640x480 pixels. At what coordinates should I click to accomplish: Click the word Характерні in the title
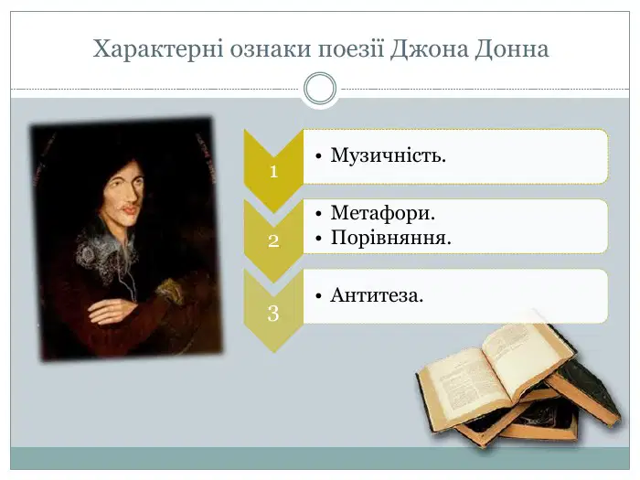158,49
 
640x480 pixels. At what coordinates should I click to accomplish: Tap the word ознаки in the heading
271,49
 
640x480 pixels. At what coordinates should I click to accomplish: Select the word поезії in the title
351,49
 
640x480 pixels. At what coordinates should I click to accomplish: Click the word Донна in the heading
512,49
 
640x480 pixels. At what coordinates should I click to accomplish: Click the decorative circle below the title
320,89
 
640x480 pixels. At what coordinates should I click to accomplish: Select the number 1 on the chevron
273,172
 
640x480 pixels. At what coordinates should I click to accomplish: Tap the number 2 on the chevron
273,240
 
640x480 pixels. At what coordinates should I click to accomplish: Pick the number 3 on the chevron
273,314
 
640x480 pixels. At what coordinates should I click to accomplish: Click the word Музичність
389,155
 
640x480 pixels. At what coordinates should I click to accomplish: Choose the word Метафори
383,213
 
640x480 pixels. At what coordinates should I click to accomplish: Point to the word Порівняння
391,238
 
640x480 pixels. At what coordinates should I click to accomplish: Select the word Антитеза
377,295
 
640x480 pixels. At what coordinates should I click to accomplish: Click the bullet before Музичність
319,156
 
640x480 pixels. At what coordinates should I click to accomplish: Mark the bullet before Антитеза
319,296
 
